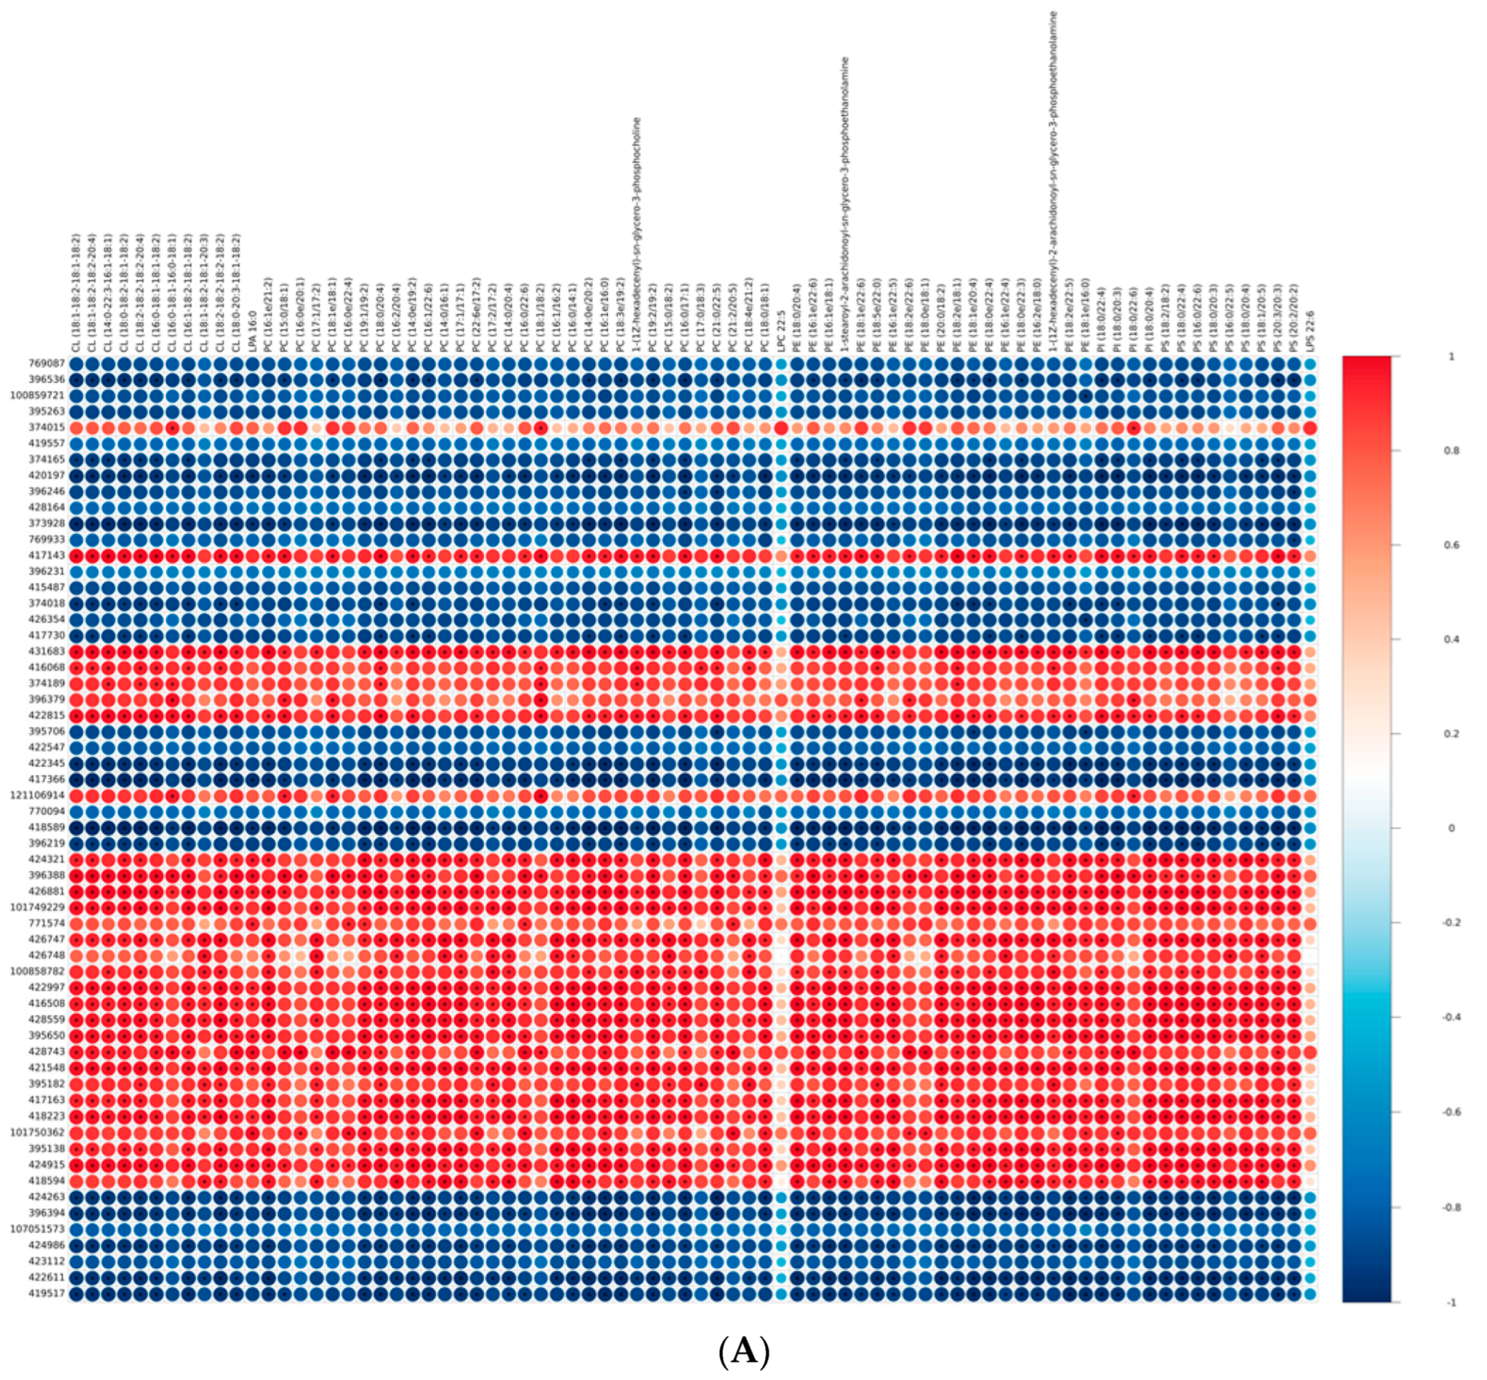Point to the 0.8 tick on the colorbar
click(x=1451, y=451)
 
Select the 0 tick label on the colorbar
click(x=1451, y=828)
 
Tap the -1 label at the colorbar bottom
click(x=1451, y=1302)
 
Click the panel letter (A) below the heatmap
click(x=743, y=1351)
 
